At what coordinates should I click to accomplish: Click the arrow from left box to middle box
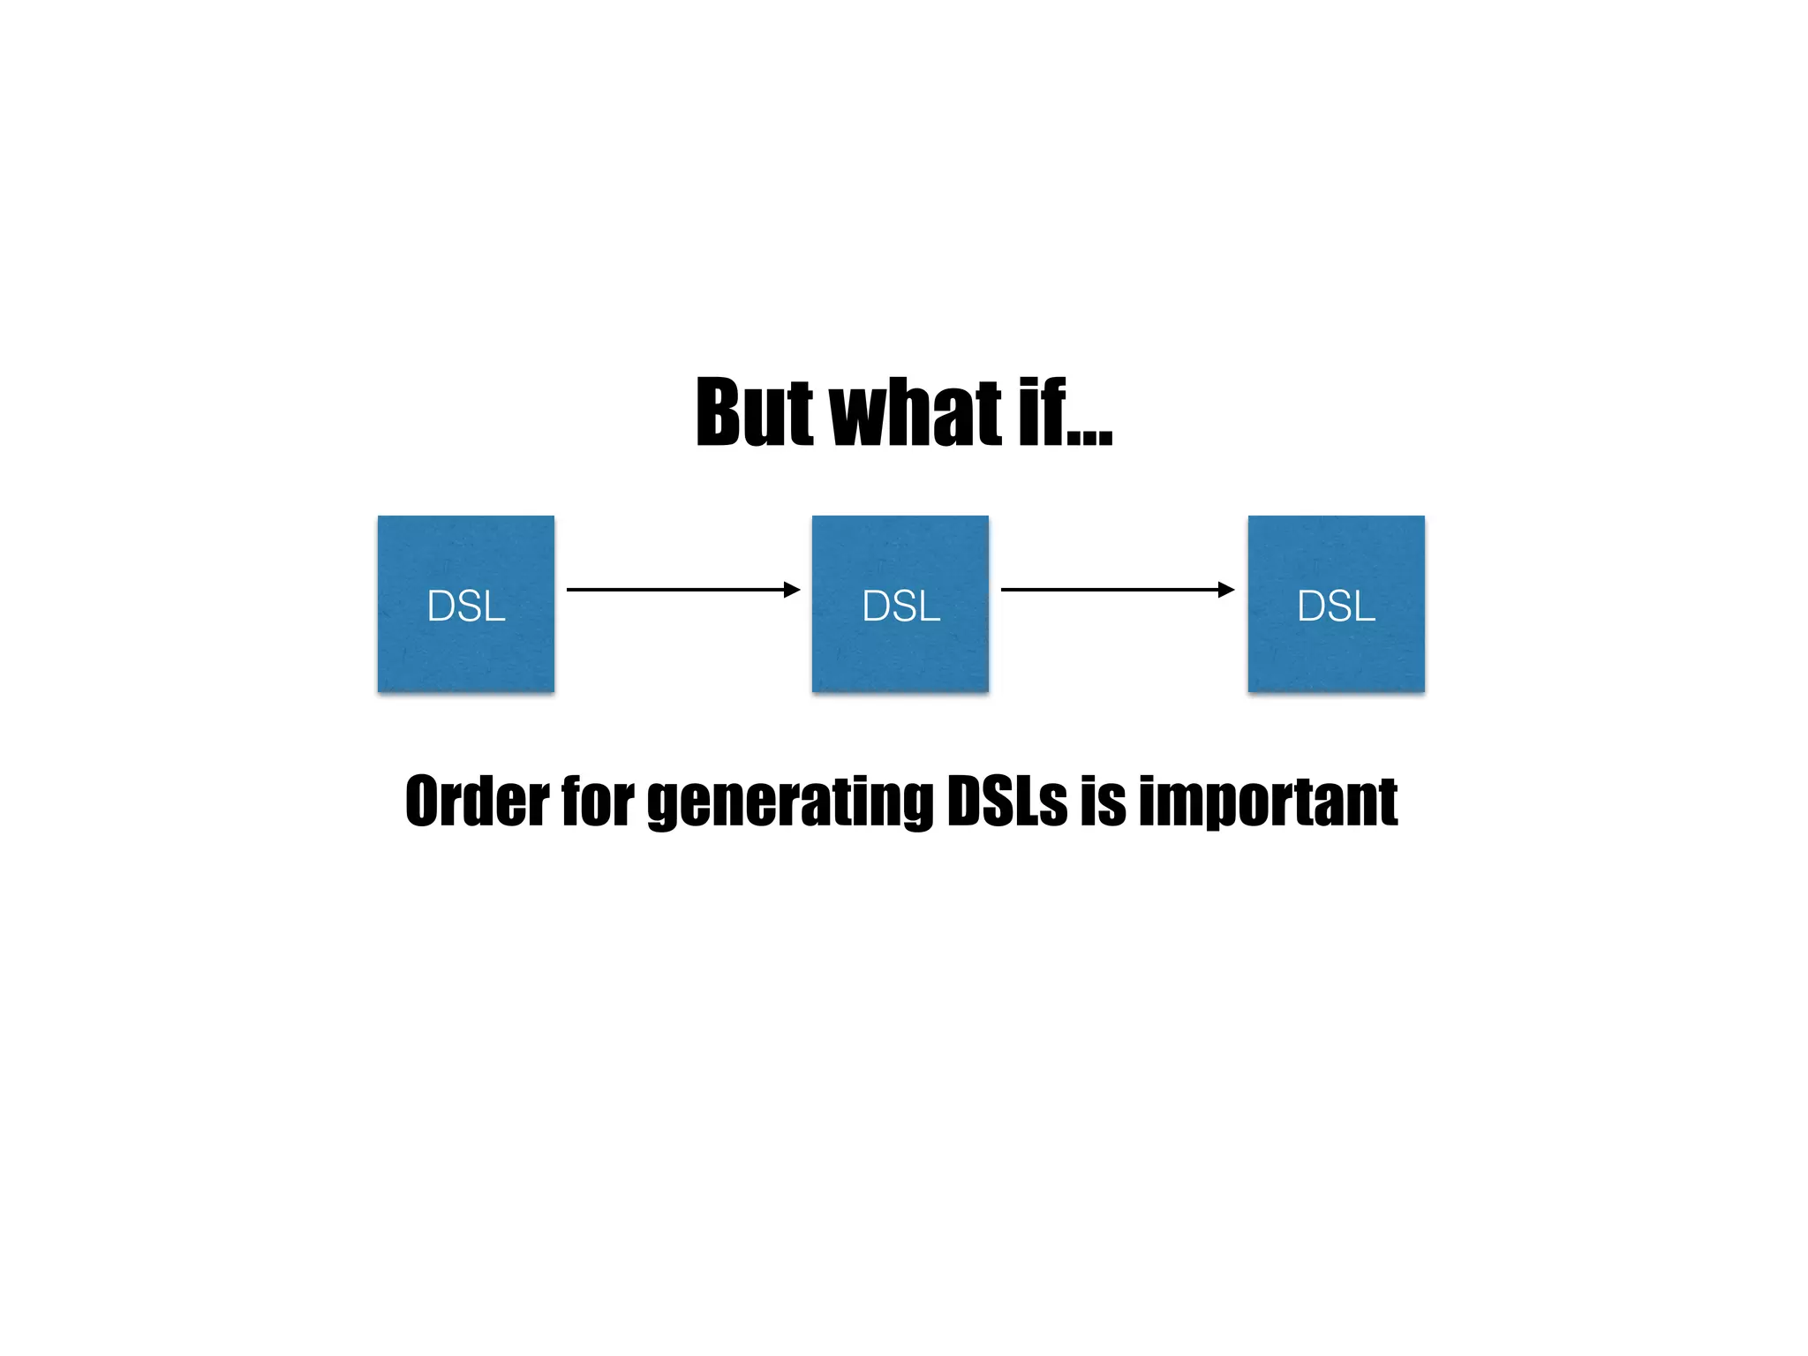(x=675, y=589)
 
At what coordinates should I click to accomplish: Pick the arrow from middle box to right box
(x=1110, y=589)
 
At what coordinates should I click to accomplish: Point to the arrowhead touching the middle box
(x=792, y=589)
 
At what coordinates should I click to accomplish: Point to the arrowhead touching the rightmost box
(x=1226, y=589)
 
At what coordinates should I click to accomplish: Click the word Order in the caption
(x=477, y=802)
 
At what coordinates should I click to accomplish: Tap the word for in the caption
(x=598, y=802)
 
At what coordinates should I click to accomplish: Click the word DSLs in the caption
(x=1006, y=802)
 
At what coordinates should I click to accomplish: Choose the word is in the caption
(x=1103, y=802)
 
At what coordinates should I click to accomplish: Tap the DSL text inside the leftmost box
(x=466, y=606)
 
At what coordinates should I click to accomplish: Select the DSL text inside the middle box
(x=900, y=606)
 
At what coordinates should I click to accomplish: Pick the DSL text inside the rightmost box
(x=1336, y=606)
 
